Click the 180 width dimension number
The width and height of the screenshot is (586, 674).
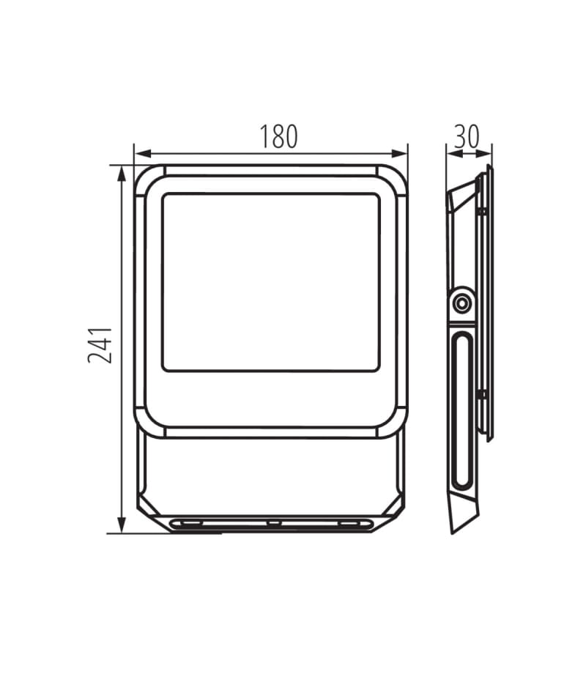[x=278, y=137]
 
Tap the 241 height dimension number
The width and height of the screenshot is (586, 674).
[x=100, y=345]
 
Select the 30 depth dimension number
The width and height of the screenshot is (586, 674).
[x=467, y=137]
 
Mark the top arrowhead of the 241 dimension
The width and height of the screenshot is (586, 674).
[x=122, y=174]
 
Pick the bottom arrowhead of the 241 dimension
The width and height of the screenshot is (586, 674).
[x=122, y=525]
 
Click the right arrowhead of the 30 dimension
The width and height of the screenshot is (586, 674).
[x=484, y=153]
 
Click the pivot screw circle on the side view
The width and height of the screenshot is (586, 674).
[x=461, y=303]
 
